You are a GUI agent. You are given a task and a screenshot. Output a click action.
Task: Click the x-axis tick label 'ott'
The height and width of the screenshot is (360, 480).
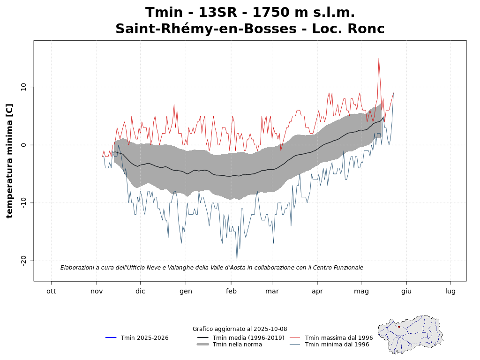coord(51,291)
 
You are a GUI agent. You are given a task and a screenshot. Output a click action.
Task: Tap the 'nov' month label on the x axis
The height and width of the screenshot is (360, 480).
coord(97,291)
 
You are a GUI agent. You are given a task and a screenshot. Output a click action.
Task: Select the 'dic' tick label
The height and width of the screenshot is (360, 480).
coord(140,291)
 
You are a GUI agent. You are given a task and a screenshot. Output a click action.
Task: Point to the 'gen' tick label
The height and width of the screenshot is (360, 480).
coord(186,291)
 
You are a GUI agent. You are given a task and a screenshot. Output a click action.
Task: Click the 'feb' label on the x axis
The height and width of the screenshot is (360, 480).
coord(231,291)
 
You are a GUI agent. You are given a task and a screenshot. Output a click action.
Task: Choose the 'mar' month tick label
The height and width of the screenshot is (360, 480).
coord(272,291)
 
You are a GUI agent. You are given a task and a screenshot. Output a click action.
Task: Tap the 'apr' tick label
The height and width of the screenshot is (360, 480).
coord(317,291)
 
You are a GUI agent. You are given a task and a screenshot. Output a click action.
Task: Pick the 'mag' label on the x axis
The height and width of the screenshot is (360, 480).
coord(361,291)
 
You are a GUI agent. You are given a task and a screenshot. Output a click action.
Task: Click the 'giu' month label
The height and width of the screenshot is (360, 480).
coord(406,291)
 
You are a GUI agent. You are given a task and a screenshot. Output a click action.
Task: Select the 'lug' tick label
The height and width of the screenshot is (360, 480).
coord(450,291)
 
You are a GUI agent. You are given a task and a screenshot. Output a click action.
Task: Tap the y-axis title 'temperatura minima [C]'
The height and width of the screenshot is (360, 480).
coord(10,161)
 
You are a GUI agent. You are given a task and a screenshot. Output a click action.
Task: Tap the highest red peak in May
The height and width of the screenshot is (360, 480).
coord(379,58)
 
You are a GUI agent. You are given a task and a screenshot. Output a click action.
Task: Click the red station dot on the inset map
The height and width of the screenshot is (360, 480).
coord(399,327)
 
